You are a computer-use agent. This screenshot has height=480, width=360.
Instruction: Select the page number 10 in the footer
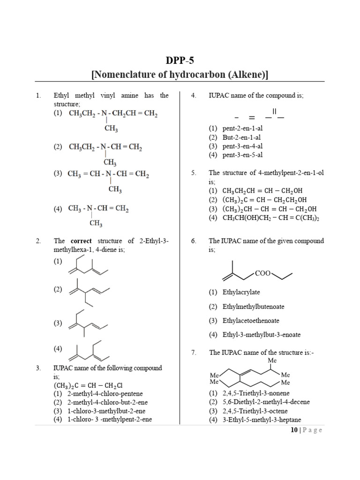(294, 430)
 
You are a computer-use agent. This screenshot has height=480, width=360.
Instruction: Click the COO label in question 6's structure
(263, 273)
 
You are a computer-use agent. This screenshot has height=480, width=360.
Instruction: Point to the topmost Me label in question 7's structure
(272, 360)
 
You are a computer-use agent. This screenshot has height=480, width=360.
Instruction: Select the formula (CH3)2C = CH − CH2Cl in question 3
(88, 385)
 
